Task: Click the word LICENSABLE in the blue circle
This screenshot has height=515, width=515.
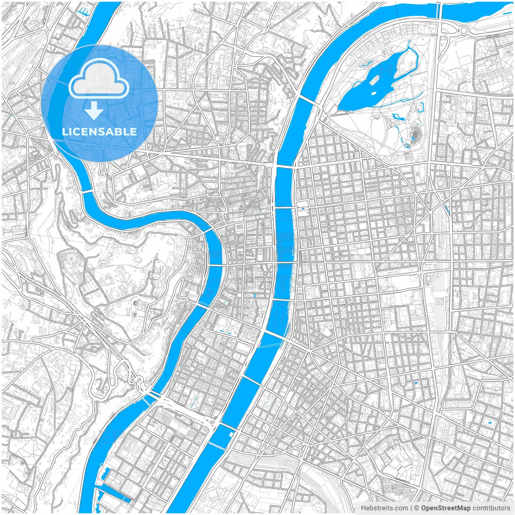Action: coord(99,132)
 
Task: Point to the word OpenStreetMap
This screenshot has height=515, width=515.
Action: coord(446,508)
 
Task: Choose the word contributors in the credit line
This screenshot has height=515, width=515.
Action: coord(491,508)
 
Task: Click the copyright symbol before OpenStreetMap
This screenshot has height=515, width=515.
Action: coord(417,508)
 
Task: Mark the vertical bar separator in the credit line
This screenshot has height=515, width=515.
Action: coord(411,508)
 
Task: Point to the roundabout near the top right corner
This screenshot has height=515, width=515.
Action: coord(464,30)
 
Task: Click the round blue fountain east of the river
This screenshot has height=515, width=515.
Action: coord(302,209)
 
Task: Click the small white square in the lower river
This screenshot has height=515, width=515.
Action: coord(231,434)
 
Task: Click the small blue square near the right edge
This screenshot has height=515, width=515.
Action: coord(490,423)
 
